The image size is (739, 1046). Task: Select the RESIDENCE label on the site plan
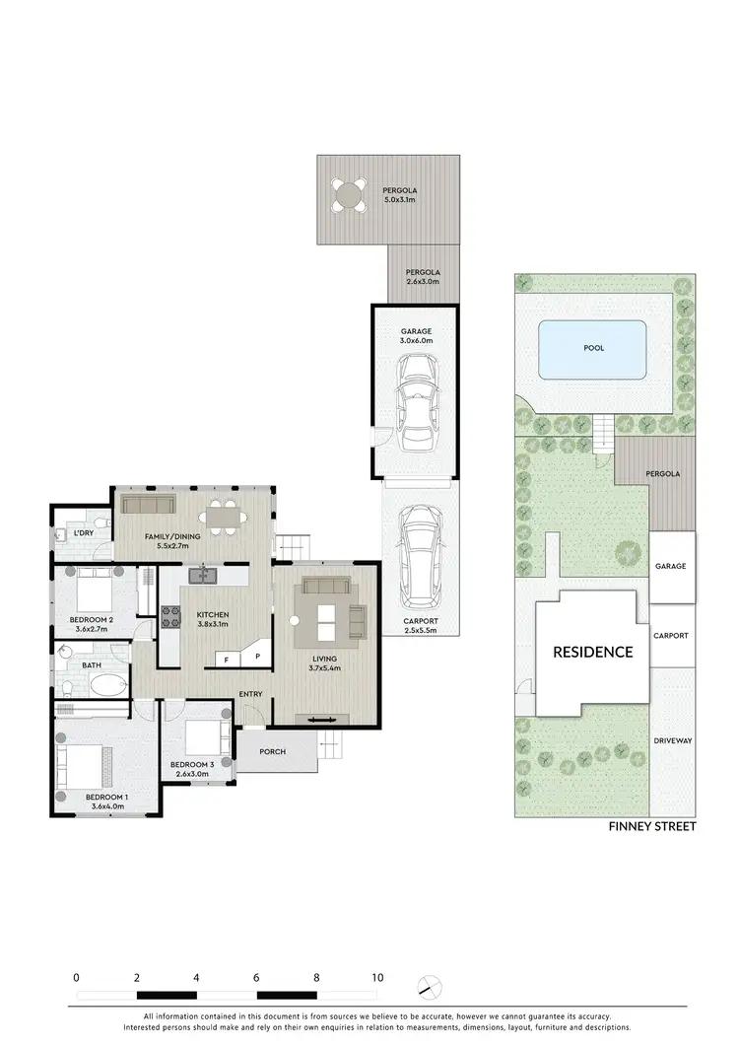(x=592, y=652)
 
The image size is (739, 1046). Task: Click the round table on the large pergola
(x=347, y=193)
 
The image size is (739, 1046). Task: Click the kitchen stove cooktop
(x=171, y=616)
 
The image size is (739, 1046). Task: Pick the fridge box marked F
(x=226, y=659)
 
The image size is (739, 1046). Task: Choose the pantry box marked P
(x=256, y=657)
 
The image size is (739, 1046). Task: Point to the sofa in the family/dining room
(x=148, y=504)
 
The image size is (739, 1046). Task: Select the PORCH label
(x=272, y=752)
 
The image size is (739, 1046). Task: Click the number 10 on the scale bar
(x=377, y=978)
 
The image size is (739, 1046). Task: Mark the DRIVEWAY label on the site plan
(x=672, y=739)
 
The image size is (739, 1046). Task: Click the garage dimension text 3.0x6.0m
(x=416, y=340)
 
